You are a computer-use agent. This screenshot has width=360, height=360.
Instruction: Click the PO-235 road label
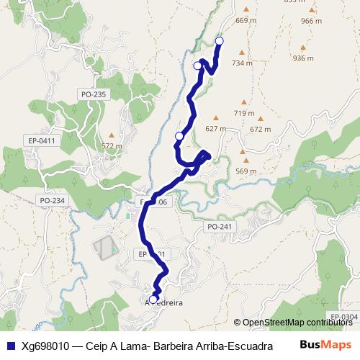click(94, 94)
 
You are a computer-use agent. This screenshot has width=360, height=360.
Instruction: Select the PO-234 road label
click(52, 200)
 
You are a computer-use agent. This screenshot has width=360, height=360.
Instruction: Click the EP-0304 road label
click(343, 316)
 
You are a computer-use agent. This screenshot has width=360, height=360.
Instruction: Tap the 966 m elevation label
click(311, 21)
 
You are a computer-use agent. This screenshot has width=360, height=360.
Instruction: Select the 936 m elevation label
click(304, 58)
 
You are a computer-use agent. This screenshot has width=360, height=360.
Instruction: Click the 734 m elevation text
click(242, 63)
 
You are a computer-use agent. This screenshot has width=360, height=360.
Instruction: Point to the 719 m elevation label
click(244, 113)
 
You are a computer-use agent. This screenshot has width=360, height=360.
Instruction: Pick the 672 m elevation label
click(260, 130)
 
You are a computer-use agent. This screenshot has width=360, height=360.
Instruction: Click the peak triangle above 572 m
click(111, 135)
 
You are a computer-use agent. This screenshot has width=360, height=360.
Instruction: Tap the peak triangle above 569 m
click(246, 161)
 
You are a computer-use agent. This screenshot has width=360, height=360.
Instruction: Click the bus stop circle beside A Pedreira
click(153, 299)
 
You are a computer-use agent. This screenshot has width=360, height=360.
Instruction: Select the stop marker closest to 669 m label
click(220, 41)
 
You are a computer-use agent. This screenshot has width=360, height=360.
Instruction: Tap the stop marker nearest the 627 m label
click(180, 135)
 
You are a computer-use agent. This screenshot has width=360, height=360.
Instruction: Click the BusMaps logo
click(325, 344)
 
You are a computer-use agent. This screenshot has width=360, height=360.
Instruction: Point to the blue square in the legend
click(9, 345)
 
